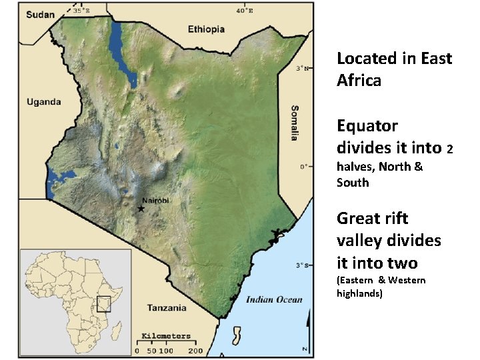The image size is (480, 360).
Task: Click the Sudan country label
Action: pos(41,15)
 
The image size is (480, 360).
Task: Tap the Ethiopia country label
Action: pos(206,29)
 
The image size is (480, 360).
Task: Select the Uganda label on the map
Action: pos(43,102)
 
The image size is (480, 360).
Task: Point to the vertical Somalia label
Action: pos(294,123)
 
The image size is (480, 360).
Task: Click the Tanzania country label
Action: pos(167,308)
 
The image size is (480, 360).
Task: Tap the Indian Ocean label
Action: pos(274,299)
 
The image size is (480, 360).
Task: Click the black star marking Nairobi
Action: pos(141,209)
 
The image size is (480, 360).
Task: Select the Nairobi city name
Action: pos(156,200)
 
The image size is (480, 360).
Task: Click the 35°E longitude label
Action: pos(81,11)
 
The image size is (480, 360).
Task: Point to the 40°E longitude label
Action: pos(244,11)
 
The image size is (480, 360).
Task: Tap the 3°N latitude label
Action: pos(302,68)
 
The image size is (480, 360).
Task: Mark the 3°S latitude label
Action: pos(302,265)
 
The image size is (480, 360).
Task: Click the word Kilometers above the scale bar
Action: pos(166,336)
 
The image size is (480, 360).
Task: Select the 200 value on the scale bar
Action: pos(195,351)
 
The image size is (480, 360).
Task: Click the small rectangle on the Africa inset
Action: pos(103,304)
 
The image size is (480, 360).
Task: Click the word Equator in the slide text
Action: pos(367,126)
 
